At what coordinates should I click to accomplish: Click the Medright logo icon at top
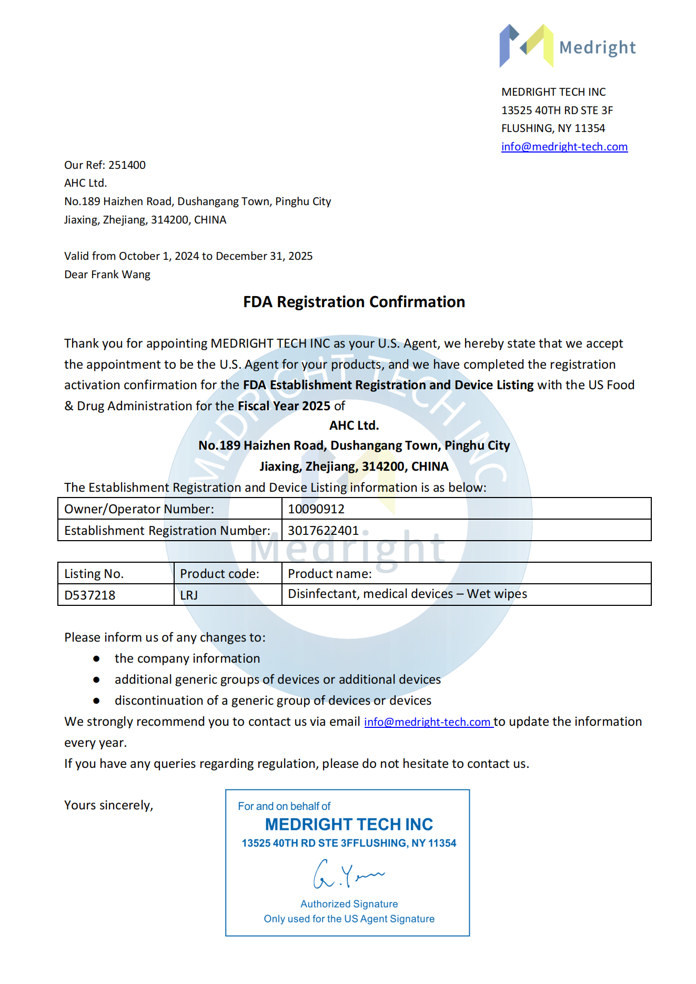(526, 46)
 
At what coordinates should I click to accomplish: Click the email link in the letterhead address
(564, 147)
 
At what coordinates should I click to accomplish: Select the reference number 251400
(127, 165)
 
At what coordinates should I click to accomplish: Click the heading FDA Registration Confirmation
(354, 302)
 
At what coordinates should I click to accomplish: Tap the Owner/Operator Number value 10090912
(316, 509)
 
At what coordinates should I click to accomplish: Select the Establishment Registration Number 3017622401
(323, 531)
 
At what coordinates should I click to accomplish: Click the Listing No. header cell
(94, 574)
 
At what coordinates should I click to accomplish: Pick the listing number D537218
(90, 595)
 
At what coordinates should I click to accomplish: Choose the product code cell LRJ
(189, 595)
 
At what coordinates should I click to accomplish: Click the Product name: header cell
(330, 574)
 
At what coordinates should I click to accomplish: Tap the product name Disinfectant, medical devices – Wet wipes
(407, 594)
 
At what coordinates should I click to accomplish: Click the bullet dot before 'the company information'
(96, 658)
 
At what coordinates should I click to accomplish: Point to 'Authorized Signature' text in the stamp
(349, 904)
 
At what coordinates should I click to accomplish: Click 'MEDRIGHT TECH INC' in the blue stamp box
(349, 824)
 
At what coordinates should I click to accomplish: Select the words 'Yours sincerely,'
(108, 805)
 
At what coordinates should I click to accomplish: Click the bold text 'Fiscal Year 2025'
(284, 406)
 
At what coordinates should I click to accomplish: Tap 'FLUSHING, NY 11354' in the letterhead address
(553, 128)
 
